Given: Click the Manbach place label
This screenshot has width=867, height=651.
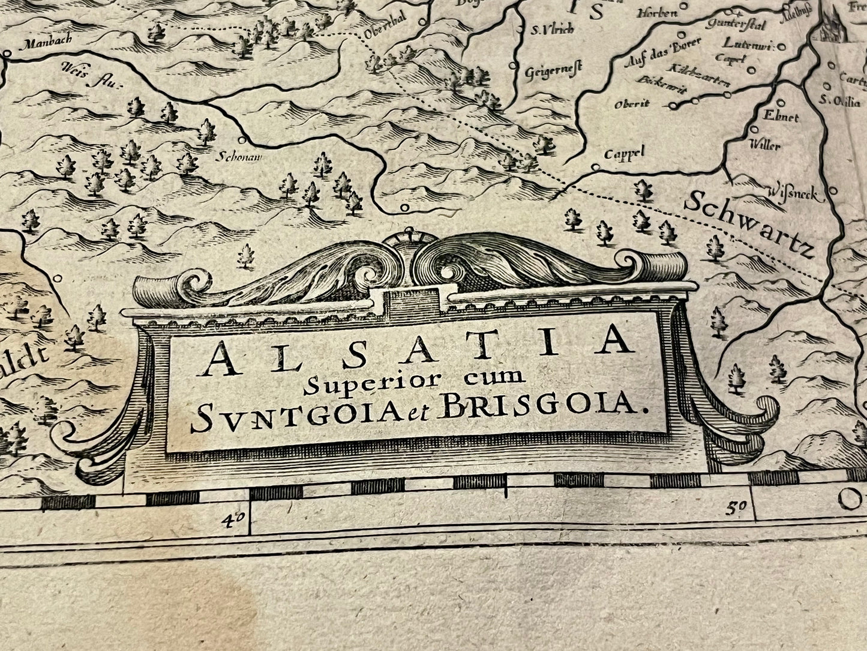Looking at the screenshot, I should pyautogui.click(x=45, y=43).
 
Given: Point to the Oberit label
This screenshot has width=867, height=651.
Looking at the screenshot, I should pyautogui.click(x=631, y=104).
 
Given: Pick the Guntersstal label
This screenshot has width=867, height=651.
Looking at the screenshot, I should pyautogui.click(x=733, y=23).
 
